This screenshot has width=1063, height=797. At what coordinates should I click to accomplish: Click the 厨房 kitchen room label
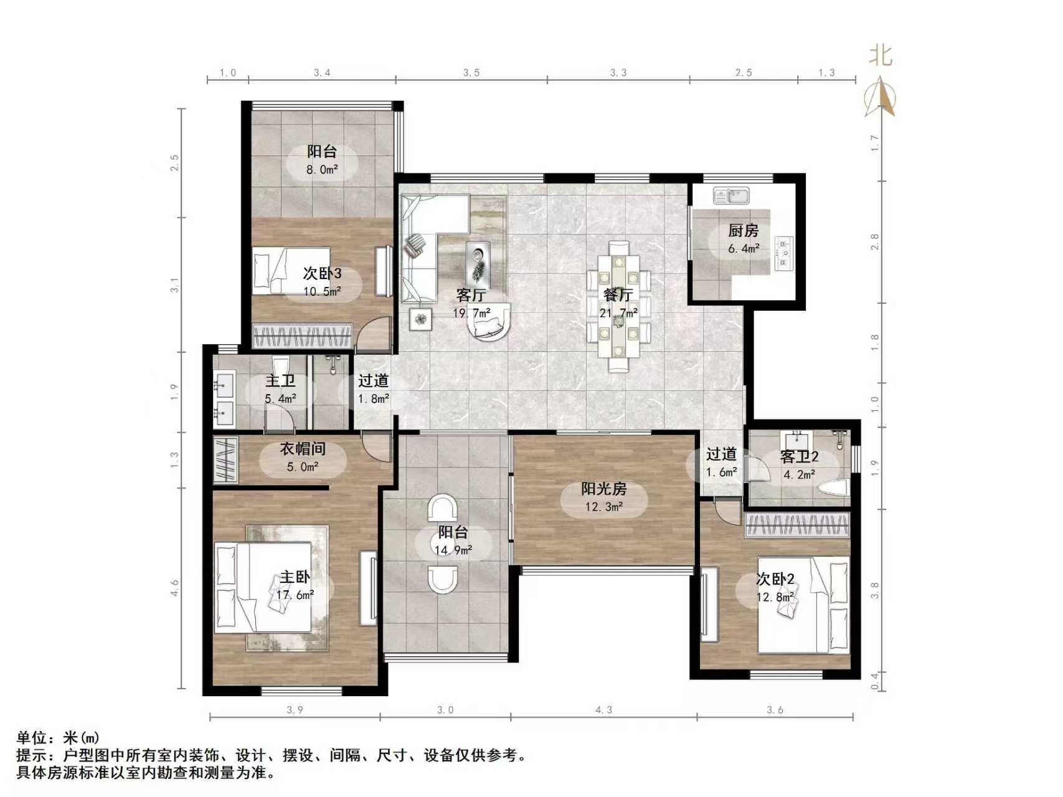coord(743,231)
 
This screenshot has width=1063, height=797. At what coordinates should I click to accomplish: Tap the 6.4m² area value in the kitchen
coord(744,248)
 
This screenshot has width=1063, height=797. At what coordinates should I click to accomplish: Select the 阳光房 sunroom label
coord(603,489)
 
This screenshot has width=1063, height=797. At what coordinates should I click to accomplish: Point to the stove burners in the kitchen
coord(783,253)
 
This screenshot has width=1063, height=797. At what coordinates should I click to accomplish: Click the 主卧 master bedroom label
coord(295,577)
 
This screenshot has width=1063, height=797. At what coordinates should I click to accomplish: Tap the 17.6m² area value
coord(295,595)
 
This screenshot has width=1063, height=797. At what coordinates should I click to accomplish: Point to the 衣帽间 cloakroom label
coord(302,448)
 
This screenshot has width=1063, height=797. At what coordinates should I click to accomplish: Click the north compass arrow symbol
coord(881,97)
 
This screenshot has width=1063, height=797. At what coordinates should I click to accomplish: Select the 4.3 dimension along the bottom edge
coord(603,709)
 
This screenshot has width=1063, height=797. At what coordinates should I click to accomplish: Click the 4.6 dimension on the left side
coord(174,588)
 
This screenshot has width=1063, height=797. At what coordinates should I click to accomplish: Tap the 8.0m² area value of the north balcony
coord(322,169)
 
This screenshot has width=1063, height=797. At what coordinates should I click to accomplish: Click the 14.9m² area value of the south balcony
coord(453,550)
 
